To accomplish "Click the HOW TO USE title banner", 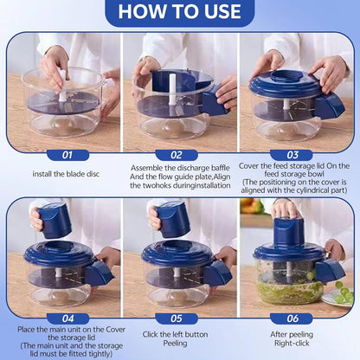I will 179,13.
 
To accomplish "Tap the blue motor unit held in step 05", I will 173,220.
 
